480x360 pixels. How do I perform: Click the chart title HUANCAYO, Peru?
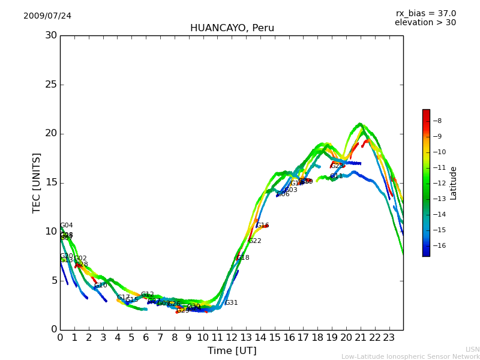click(232, 28)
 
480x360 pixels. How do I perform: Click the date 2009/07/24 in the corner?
click(47, 16)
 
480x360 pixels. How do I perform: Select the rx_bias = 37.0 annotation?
click(425, 14)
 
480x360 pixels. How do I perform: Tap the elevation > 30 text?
click(425, 23)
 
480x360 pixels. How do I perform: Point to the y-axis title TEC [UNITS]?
click(37, 182)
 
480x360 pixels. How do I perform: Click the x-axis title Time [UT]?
click(232, 351)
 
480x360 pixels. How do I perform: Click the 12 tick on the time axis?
click(232, 338)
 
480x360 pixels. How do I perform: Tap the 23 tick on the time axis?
click(389, 338)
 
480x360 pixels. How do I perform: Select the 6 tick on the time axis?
click(146, 338)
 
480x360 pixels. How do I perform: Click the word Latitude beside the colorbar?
click(454, 183)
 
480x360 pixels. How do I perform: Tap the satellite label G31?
click(232, 303)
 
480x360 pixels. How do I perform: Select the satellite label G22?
click(255, 241)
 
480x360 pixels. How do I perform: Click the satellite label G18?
click(243, 258)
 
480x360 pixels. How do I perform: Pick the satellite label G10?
click(101, 286)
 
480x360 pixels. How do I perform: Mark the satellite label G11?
click(337, 176)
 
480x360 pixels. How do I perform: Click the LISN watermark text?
click(473, 349)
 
